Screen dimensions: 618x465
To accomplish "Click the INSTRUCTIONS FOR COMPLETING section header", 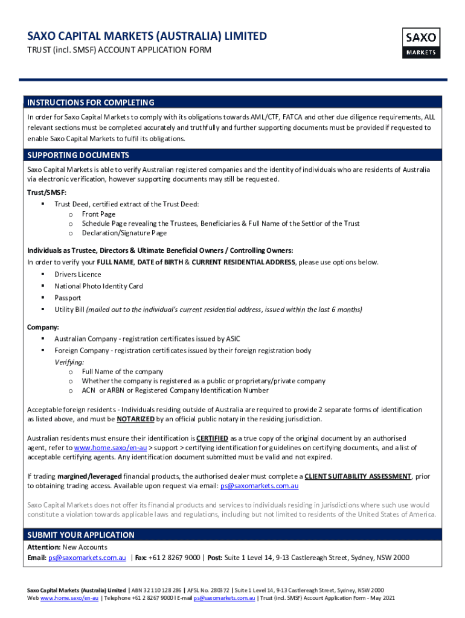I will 90,103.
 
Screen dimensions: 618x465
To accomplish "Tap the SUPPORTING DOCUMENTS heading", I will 78,155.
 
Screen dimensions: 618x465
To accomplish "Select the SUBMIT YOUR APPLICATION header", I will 81,535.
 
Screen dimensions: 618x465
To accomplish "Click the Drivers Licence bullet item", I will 78,275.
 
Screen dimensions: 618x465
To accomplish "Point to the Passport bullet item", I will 68,298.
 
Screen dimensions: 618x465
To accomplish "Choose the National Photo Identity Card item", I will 98,286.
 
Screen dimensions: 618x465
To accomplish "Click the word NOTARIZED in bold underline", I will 135,419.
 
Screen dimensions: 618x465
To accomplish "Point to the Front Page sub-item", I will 98,214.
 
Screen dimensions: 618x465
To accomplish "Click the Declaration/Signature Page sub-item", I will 124,233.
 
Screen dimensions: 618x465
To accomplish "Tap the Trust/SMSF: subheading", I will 46,192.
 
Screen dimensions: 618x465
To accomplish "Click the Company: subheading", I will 43,327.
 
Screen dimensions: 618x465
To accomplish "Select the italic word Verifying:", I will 69,362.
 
